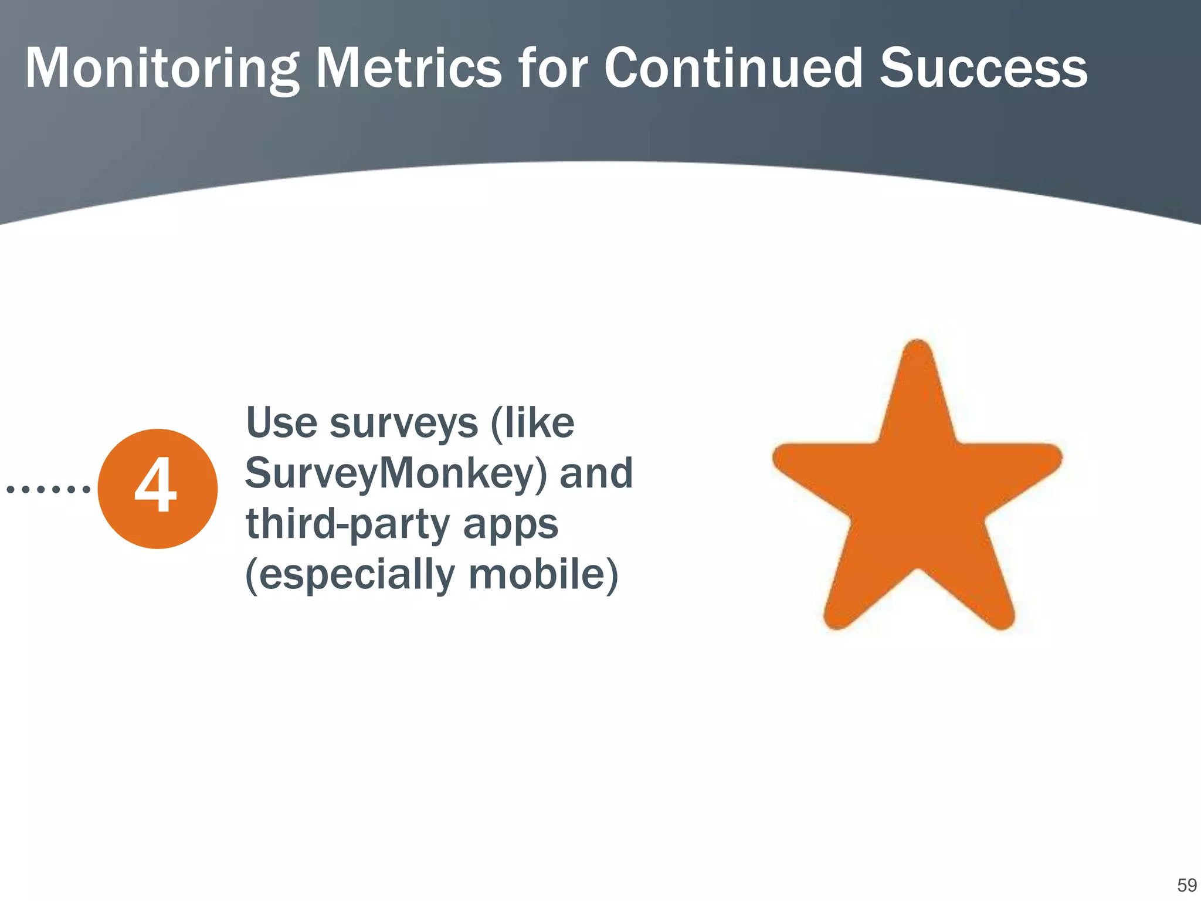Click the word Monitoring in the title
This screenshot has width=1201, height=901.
tap(161, 69)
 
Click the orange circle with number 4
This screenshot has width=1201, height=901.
tap(157, 489)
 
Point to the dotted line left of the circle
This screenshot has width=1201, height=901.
tap(48, 489)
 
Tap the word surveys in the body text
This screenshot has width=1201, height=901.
tap(403, 424)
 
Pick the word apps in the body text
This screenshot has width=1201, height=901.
tap(510, 525)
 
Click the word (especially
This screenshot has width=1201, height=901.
tap(350, 575)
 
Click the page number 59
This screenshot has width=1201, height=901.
tap(1186, 885)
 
